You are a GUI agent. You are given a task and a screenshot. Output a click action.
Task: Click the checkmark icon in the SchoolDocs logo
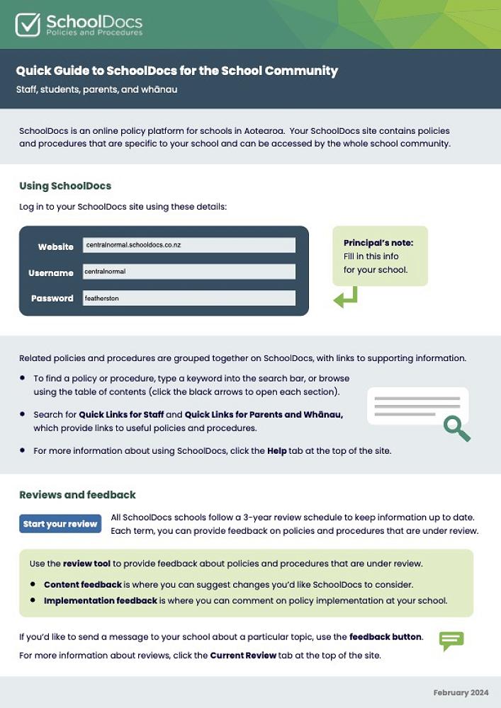[x=28, y=24]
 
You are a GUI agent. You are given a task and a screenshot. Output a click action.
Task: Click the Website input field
[x=189, y=245]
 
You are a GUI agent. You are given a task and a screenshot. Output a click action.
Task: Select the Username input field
[x=189, y=271]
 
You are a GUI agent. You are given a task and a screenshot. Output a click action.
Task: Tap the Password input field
[x=189, y=298]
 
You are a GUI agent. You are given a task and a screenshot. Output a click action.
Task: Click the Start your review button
[x=60, y=524]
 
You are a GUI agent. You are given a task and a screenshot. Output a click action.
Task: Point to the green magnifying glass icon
[x=456, y=428]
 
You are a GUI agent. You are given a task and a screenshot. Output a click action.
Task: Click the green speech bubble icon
[x=451, y=641]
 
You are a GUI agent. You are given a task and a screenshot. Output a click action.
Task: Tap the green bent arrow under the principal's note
[x=346, y=297]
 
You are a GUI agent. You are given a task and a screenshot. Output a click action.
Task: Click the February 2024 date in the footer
[x=461, y=692]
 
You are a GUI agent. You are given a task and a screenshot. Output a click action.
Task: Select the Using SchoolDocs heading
[x=65, y=186]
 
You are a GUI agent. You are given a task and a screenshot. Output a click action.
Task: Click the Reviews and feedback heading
[x=77, y=495]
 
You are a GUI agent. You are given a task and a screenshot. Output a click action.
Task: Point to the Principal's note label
[x=378, y=243]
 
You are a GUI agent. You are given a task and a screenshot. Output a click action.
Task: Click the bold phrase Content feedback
[x=83, y=585]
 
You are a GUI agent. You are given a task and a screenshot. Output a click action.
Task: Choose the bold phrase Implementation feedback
[x=101, y=600]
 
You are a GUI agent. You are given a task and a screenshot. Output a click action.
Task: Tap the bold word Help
[x=277, y=450]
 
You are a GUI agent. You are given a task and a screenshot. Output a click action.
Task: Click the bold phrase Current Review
[x=243, y=656]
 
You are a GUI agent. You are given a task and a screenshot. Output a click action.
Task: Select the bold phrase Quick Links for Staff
[x=121, y=414]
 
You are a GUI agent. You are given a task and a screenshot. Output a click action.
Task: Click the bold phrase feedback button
[x=385, y=636]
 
